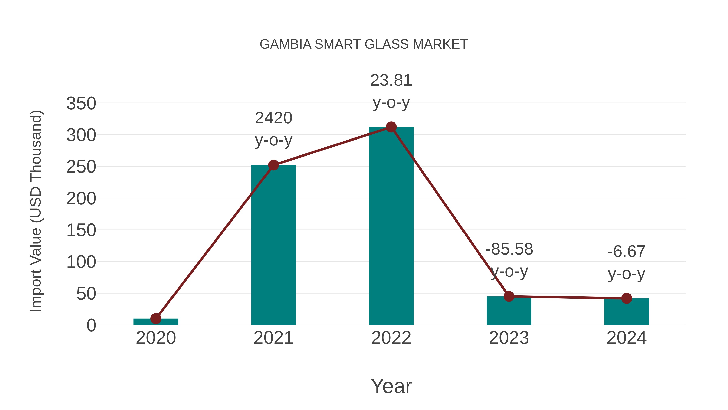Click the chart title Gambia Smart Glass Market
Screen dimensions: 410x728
[x=364, y=44]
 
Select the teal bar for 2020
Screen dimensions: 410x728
[x=156, y=322]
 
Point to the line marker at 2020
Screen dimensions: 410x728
[x=156, y=319]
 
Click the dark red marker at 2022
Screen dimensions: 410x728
[x=391, y=127]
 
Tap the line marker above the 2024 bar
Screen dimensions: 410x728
[x=626, y=298]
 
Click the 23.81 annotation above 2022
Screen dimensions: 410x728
[x=391, y=80]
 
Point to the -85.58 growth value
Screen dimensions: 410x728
[x=509, y=249]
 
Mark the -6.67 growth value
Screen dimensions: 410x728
[x=626, y=251]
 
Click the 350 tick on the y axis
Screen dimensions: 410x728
[x=81, y=103]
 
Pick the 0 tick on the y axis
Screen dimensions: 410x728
[x=91, y=325]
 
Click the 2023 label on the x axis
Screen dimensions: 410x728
[x=509, y=338]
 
